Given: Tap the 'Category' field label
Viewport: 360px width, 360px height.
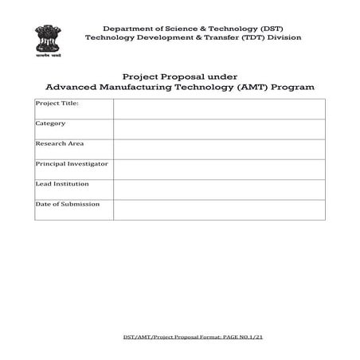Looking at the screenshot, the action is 50,123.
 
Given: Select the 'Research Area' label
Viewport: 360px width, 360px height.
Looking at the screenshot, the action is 58,144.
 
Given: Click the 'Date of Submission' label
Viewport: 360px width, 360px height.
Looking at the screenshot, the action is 68,204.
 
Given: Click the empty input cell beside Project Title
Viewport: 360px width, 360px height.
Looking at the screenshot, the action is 219,108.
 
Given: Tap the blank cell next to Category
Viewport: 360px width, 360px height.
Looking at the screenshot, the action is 219,129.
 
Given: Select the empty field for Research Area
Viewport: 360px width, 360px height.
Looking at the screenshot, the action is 219,149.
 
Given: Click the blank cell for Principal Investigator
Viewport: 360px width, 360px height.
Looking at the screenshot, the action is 219,169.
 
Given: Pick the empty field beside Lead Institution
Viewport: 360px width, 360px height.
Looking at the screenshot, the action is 219,190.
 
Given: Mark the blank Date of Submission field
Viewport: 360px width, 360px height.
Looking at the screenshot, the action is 219,209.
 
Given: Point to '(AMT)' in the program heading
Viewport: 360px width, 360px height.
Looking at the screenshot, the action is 256,85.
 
